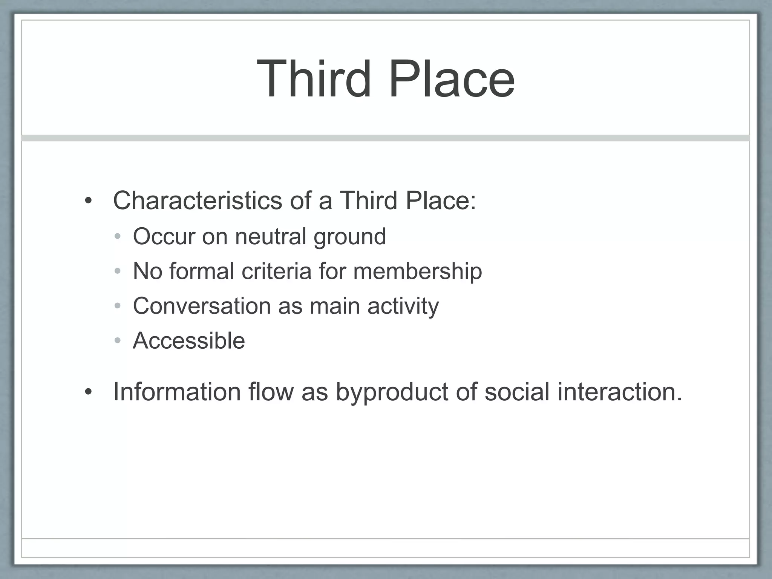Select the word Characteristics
pyautogui.click(x=198, y=200)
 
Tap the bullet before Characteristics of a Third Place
pyautogui.click(x=88, y=201)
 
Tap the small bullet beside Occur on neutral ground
pyautogui.click(x=118, y=237)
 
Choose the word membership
pyautogui.click(x=417, y=272)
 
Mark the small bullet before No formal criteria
pyautogui.click(x=118, y=271)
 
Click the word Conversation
pyautogui.click(x=202, y=306)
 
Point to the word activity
pyautogui.click(x=403, y=306)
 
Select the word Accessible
pyautogui.click(x=189, y=341)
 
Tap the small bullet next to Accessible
pyautogui.click(x=118, y=341)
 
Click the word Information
pyautogui.click(x=177, y=392)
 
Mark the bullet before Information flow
pyautogui.click(x=88, y=392)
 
